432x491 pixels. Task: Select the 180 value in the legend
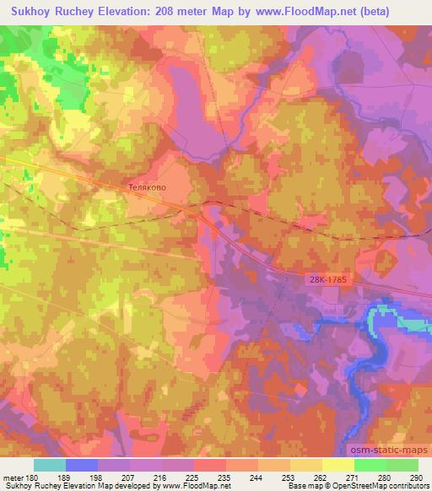(x=33, y=477)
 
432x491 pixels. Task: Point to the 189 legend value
(x=66, y=477)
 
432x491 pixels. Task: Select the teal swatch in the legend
(x=50, y=464)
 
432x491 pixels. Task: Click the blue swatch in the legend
(x=82, y=464)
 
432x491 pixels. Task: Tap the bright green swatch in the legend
(x=370, y=464)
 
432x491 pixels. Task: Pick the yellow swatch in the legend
(x=337, y=464)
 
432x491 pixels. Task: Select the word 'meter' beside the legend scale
(x=13, y=477)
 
